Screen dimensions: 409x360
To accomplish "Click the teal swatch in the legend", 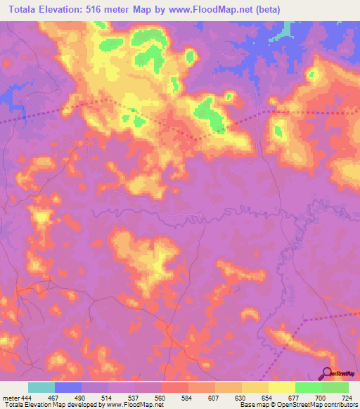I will click(x=41, y=388).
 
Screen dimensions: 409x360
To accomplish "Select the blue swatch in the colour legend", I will click(x=68, y=388).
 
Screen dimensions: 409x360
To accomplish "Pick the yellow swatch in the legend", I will click(x=282, y=388).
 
